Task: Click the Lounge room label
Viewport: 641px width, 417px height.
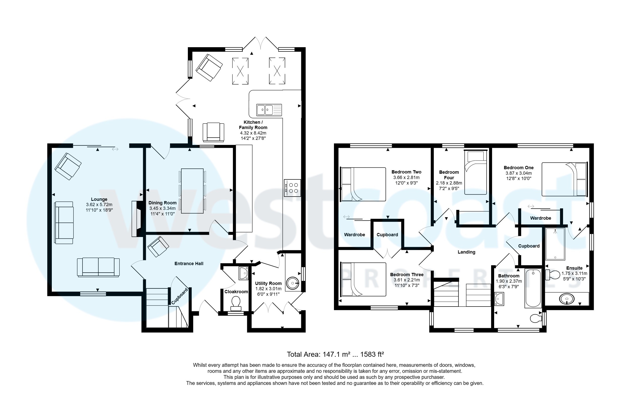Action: click(x=99, y=200)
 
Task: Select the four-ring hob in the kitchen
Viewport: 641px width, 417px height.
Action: click(x=292, y=188)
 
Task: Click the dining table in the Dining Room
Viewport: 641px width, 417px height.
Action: click(x=192, y=191)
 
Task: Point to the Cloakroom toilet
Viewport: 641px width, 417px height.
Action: click(x=236, y=303)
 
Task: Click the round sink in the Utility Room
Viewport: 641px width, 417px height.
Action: click(x=292, y=283)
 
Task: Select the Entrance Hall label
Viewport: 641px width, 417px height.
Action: click(x=189, y=264)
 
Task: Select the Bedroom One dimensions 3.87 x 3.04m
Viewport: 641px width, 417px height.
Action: click(x=519, y=173)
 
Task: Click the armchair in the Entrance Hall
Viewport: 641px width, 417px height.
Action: click(x=158, y=246)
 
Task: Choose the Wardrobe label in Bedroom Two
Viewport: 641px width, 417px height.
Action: click(x=354, y=235)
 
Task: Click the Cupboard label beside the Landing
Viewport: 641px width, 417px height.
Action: click(x=528, y=246)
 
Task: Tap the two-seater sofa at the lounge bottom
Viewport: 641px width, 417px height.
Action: click(x=98, y=267)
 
